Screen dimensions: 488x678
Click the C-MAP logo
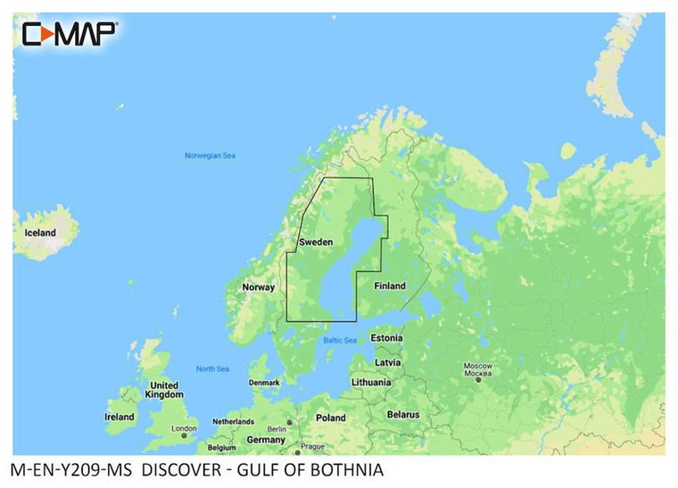pyautogui.click(x=69, y=33)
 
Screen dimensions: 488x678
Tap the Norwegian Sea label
pyautogui.click(x=210, y=156)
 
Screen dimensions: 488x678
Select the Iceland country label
pyautogui.click(x=39, y=233)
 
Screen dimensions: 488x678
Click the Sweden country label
pyautogui.click(x=316, y=243)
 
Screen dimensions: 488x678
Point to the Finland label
pyautogui.click(x=389, y=286)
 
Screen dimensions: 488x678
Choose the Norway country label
pyautogui.click(x=259, y=287)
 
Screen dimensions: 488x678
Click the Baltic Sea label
pyautogui.click(x=339, y=341)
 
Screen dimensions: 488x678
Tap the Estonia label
pyautogui.click(x=386, y=338)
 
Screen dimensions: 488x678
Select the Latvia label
pyautogui.click(x=388, y=363)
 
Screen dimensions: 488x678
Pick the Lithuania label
pyautogui.click(x=371, y=382)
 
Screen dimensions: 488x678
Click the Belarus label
pyautogui.click(x=402, y=415)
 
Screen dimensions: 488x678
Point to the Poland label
pyautogui.click(x=330, y=418)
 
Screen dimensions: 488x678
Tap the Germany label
pyautogui.click(x=266, y=440)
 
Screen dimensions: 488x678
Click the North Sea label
pyautogui.click(x=212, y=369)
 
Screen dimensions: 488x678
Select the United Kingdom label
pyautogui.click(x=163, y=390)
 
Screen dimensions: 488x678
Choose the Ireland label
pyautogui.click(x=120, y=417)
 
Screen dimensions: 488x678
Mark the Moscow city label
pyautogui.click(x=478, y=370)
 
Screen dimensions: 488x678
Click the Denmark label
pyautogui.click(x=264, y=383)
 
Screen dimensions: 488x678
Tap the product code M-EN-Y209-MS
pyautogui.click(x=70, y=470)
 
